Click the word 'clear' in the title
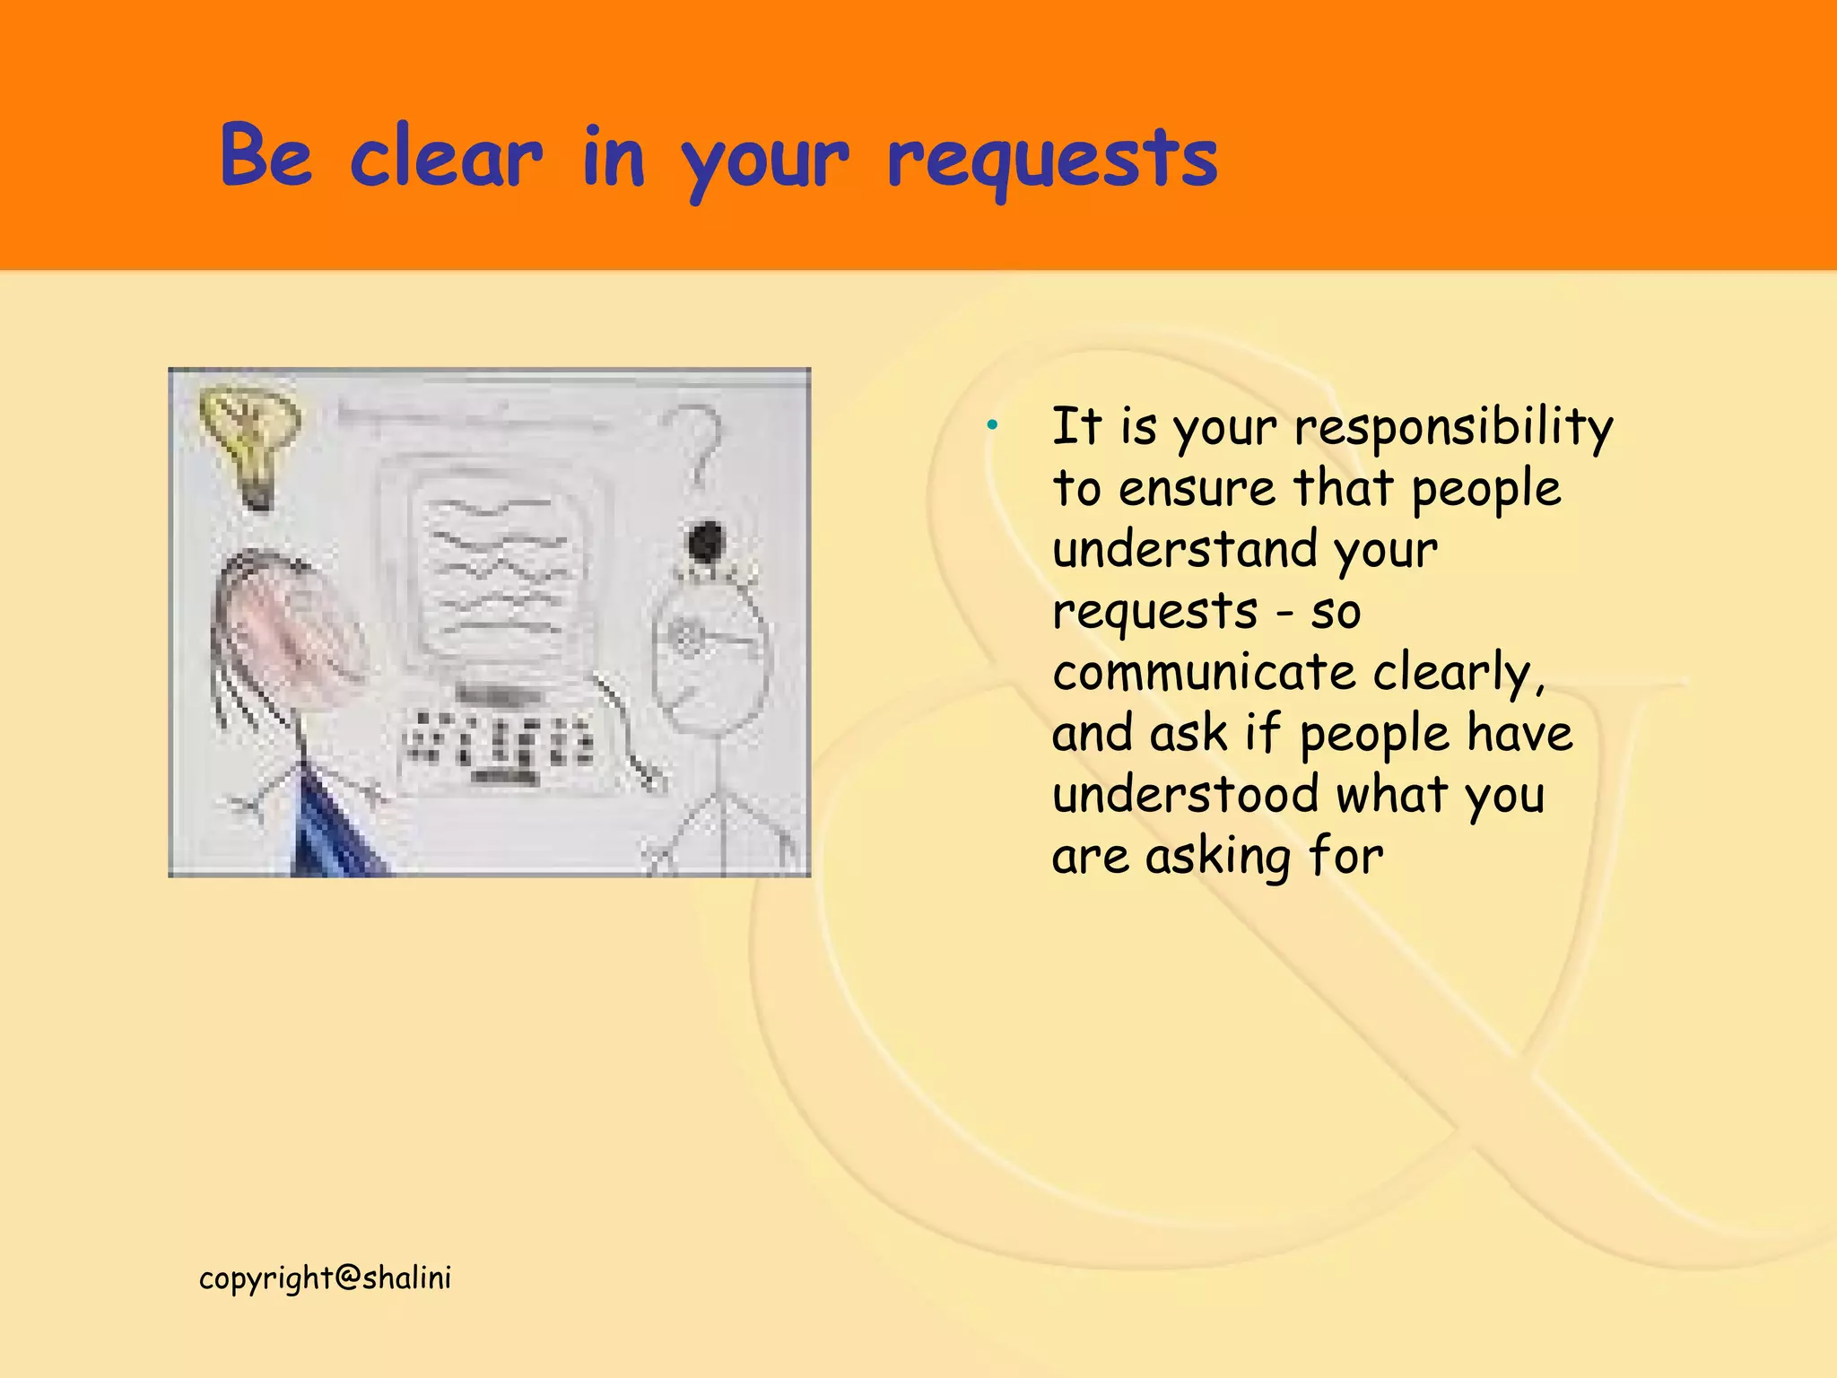[446, 157]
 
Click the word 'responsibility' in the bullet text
[1453, 427]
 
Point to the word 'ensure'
[1197, 489]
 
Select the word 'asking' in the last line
[1218, 857]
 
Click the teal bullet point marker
[992, 424]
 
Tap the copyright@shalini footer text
[325, 1278]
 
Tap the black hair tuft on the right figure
[706, 542]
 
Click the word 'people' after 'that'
[1485, 490]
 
